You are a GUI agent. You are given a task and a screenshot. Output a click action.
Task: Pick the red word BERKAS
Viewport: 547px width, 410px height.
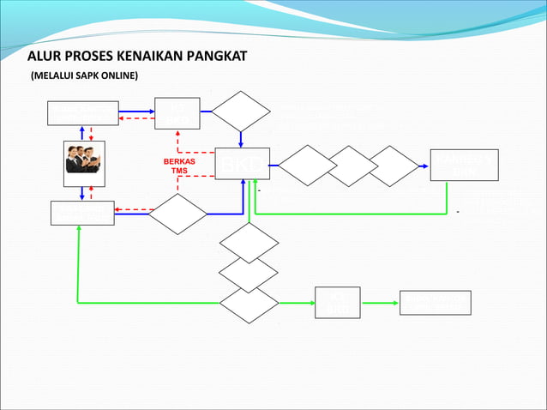click(178, 161)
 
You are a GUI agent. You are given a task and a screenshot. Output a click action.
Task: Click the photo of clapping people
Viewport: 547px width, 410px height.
click(84, 163)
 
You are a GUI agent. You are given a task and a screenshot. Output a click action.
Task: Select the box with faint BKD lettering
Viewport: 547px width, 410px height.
click(242, 164)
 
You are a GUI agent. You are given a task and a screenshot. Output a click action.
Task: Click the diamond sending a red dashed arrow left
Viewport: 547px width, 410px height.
click(177, 213)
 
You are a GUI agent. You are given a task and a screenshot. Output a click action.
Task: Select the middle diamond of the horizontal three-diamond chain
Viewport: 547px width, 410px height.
click(351, 166)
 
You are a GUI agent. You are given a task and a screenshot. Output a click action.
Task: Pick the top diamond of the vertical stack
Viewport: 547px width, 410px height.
click(249, 243)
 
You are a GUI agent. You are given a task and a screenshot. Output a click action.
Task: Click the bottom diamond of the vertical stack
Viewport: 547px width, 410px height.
click(249, 303)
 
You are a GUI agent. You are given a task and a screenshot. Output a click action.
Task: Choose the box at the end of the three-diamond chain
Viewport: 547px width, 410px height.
click(463, 164)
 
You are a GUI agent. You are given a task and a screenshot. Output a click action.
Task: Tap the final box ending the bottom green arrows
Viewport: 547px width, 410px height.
click(435, 303)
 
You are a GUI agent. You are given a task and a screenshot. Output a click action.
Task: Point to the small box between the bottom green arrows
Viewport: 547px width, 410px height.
click(338, 303)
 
